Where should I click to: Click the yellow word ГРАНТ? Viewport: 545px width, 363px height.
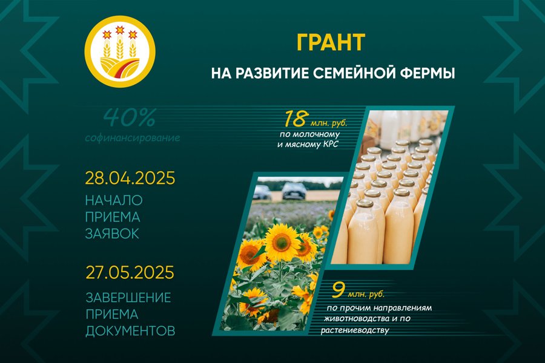coord(331,42)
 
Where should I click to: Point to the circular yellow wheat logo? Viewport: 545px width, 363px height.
coord(120,51)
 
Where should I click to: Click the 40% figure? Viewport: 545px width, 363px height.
coord(130,118)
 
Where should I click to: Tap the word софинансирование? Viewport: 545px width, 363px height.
coord(133,138)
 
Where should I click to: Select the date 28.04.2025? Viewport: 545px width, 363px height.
coord(130,178)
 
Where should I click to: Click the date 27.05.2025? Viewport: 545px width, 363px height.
coord(130,272)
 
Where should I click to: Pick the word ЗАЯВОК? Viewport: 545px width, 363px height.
coord(112,234)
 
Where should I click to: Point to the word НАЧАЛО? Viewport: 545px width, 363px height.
coord(114,200)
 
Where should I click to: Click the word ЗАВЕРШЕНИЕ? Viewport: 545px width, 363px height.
coord(128,298)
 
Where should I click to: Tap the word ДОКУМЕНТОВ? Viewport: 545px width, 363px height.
coord(130,331)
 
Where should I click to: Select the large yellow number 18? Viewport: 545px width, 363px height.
coord(295,119)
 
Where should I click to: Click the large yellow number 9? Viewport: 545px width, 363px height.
coord(337,290)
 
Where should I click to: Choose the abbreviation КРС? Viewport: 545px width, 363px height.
coord(330,144)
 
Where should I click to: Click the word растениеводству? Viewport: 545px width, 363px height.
coord(355,330)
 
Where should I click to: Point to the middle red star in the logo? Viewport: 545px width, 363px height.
coord(120,30)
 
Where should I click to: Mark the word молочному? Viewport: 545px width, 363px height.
coord(315,134)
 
